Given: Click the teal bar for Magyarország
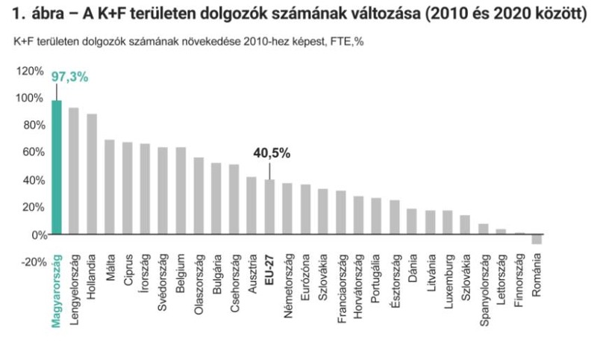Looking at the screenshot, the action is [57, 167].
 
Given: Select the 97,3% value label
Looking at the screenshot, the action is [69, 77].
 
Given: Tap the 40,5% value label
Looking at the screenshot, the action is [272, 153].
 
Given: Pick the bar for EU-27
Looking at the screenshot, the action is [269, 207].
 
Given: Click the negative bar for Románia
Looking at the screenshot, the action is [537, 239].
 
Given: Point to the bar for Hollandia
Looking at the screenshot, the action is [92, 174].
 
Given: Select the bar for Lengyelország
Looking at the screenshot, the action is [73, 171].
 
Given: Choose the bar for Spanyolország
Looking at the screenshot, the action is [484, 229].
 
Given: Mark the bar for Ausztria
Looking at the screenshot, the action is [251, 205].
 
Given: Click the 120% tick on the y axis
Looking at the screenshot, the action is [30, 71].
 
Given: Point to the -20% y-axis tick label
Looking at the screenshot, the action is [34, 262].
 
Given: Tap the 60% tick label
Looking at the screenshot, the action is [34, 152].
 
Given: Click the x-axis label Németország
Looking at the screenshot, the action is [288, 286].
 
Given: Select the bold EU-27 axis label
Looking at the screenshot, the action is [269, 269].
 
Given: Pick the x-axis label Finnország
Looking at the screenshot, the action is [519, 279].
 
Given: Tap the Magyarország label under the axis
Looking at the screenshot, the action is [57, 291].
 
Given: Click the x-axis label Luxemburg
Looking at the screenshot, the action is [449, 281].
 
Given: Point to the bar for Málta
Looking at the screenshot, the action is [110, 187].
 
